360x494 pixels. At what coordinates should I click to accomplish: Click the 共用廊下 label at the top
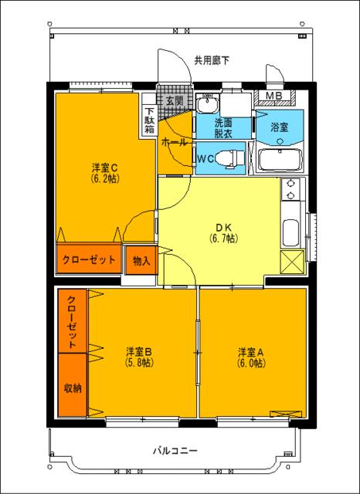211,59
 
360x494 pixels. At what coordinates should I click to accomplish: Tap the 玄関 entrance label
173,101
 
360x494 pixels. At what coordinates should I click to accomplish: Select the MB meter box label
274,96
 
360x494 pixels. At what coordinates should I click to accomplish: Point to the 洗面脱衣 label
223,127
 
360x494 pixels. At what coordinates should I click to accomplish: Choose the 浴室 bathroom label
279,127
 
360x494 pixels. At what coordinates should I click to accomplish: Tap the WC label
206,158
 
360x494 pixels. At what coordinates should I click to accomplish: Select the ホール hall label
174,143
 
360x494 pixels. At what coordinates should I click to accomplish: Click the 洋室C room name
104,167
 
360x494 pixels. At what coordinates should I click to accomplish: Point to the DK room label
223,227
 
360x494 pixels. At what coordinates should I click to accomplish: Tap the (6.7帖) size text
223,239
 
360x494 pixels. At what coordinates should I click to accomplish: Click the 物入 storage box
142,260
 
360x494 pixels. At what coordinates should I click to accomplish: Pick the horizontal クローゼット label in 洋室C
89,260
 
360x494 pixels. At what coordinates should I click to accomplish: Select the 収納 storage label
73,387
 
